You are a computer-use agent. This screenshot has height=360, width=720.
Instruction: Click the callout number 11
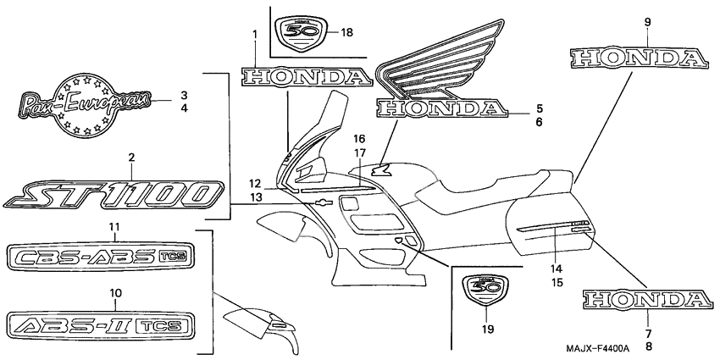115,226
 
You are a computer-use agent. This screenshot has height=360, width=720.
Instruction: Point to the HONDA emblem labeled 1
306,76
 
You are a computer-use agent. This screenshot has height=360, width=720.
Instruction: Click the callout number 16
359,139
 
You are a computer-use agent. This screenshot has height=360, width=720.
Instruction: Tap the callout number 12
256,184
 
